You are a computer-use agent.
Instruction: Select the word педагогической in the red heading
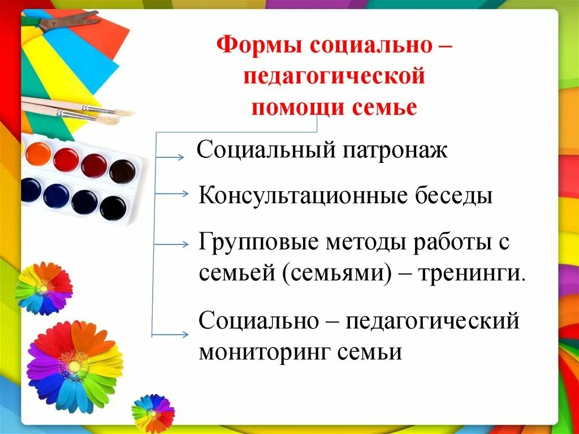pyautogui.click(x=334, y=76)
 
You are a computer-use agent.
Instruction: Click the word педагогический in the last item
pyautogui.click(x=432, y=321)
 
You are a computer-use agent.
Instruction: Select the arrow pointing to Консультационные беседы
pyautogui.click(x=171, y=194)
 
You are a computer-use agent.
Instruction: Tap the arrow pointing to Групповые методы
pyautogui.click(x=171, y=244)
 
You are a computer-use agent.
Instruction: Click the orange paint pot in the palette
pyautogui.click(x=38, y=153)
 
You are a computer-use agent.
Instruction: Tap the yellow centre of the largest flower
pyautogui.click(x=74, y=366)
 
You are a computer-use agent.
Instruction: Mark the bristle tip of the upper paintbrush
pyautogui.click(x=125, y=111)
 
